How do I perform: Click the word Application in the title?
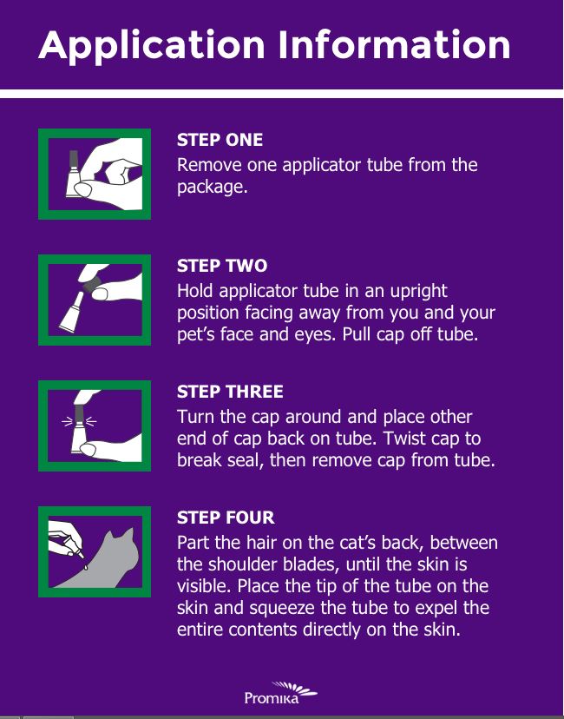pyautogui.click(x=152, y=46)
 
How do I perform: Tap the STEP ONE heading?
pyautogui.click(x=220, y=140)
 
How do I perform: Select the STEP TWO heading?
pyautogui.click(x=222, y=266)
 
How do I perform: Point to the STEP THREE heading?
pyautogui.click(x=230, y=392)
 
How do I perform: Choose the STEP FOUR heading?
pyautogui.click(x=226, y=518)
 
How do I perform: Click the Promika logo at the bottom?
pyautogui.click(x=280, y=693)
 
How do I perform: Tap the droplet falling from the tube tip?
pyautogui.click(x=85, y=568)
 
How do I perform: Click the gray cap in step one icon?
pyautogui.click(x=74, y=160)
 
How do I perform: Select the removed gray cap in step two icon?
pyautogui.click(x=93, y=284)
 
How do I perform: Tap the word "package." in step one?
pyautogui.click(x=212, y=188)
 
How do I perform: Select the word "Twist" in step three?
pyautogui.click(x=404, y=439)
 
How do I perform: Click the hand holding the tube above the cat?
pyautogui.click(x=64, y=537)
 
